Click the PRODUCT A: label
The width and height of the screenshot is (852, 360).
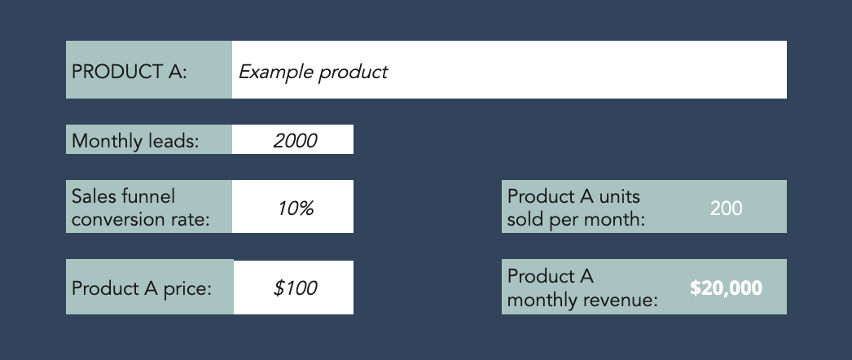pyautogui.click(x=130, y=72)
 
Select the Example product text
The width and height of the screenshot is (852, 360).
pyautogui.click(x=313, y=72)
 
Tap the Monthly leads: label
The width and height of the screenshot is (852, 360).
pyautogui.click(x=135, y=141)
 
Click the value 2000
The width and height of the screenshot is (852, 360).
pyautogui.click(x=295, y=141)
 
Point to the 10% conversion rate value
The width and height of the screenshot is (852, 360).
pyautogui.click(x=296, y=209)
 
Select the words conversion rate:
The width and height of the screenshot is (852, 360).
pyautogui.click(x=141, y=219)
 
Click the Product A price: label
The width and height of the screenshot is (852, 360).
pyautogui.click(x=141, y=288)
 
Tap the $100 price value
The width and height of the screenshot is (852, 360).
pyautogui.click(x=295, y=288)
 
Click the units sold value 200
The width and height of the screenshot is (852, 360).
pyautogui.click(x=726, y=209)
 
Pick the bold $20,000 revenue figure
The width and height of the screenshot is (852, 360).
pyautogui.click(x=726, y=288)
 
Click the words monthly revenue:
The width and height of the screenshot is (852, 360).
pyautogui.click(x=582, y=300)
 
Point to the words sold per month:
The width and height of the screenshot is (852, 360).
pyautogui.click(x=576, y=220)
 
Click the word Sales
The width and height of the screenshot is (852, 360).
pyautogui.click(x=95, y=196)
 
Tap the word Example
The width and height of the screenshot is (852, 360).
pyautogui.click(x=275, y=72)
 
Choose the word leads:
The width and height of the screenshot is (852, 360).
pyautogui.click(x=173, y=141)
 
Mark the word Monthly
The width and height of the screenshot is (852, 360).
pyautogui.click(x=107, y=141)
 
